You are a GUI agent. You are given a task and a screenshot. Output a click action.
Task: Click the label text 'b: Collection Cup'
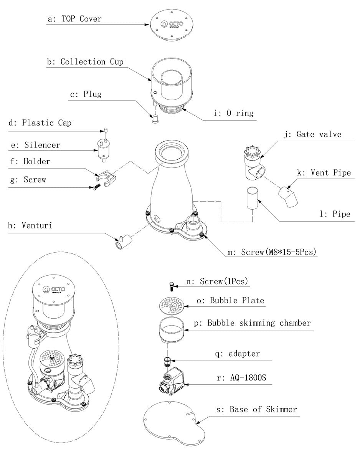85,62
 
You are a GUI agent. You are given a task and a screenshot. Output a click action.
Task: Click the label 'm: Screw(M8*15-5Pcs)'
271,252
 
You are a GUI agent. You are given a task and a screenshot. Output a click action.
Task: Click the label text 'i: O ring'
233,113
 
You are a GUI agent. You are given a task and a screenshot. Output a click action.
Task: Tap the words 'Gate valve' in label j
319,134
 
